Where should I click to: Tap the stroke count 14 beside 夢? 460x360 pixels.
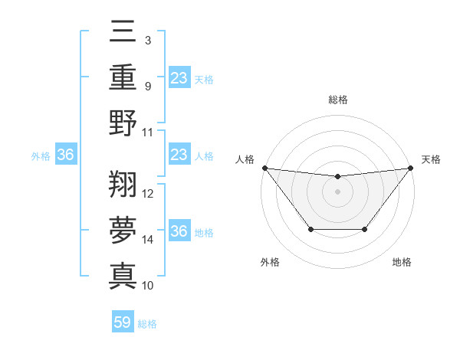coord(148,240)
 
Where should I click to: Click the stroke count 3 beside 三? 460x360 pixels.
coord(147,39)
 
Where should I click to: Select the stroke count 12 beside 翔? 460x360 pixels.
coord(148,194)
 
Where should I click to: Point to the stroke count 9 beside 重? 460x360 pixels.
coord(147,85)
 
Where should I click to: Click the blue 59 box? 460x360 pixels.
coord(123,322)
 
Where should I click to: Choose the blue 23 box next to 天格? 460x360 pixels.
coord(179,78)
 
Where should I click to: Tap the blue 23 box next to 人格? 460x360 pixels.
coord(179,155)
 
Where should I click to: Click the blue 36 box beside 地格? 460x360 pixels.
coord(179,231)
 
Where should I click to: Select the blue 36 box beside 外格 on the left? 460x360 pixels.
coord(66,155)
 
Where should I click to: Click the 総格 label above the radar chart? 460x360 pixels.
coord(337,100)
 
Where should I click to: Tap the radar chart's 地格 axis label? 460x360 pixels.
coord(402,263)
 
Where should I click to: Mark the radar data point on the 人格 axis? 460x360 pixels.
coord(264,168)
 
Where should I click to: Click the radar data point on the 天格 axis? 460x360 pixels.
coord(410,168)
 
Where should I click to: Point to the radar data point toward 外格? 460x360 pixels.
coord(310,229)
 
